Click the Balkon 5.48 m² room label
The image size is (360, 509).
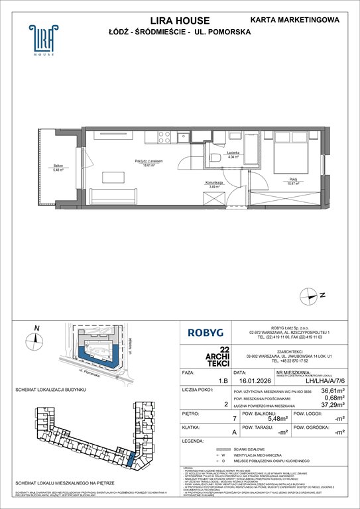tap(59, 168)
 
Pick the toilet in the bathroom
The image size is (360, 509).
tap(216, 157)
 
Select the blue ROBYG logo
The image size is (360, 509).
tap(206, 335)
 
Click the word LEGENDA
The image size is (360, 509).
tap(195, 443)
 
